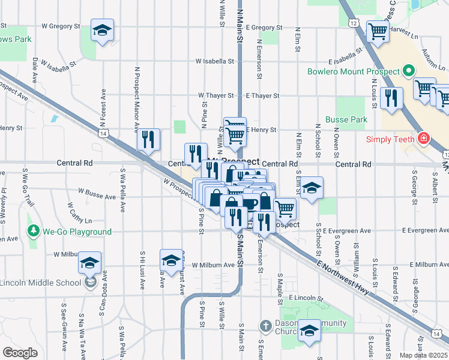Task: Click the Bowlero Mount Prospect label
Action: pos(353,71)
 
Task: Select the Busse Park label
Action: pos(346,119)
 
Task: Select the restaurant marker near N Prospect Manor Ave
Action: pos(148,139)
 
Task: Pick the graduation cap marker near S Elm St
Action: pos(311,188)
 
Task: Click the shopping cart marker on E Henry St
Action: pos(235,133)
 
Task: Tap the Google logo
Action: pos(20,353)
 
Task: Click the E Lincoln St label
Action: pos(306,298)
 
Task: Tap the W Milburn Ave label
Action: pos(212,265)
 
